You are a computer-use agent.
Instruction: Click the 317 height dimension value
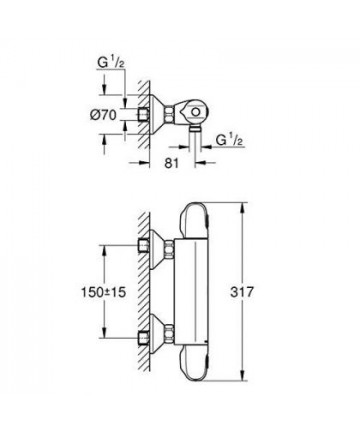pyautogui.click(x=242, y=292)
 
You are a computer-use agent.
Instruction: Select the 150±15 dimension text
pyautogui.click(x=103, y=292)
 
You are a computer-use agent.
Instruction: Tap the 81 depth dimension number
pyautogui.click(x=172, y=163)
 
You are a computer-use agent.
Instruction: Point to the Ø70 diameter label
pyautogui.click(x=103, y=115)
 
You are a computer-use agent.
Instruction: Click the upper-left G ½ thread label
pyautogui.click(x=111, y=62)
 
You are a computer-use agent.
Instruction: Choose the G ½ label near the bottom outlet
pyautogui.click(x=229, y=139)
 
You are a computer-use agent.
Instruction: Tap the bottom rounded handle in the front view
pyautogui.click(x=193, y=363)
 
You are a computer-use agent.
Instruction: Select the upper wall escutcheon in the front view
pyautogui.click(x=156, y=249)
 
